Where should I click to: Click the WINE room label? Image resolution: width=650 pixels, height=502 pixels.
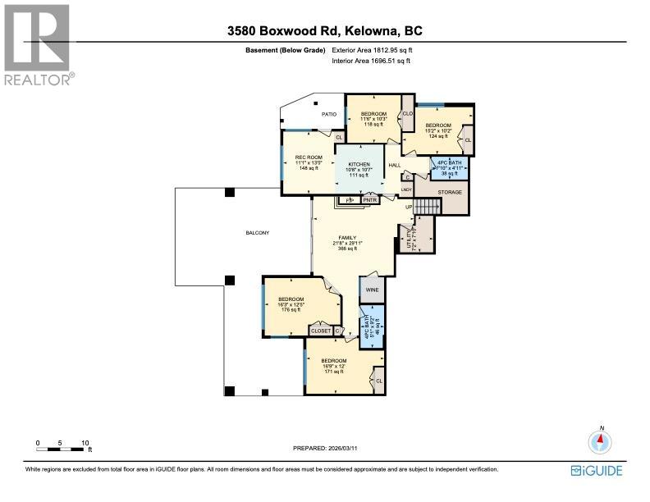(x=371, y=290)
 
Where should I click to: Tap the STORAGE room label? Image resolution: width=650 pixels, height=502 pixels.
(x=449, y=192)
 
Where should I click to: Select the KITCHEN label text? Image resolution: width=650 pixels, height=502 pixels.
(x=359, y=164)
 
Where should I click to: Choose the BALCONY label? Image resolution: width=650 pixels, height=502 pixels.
(x=257, y=233)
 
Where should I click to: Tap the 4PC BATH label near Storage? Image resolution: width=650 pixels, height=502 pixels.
(x=449, y=163)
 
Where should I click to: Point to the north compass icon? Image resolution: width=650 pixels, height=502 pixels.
(x=602, y=442)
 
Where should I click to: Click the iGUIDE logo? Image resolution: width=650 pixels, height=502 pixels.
(x=597, y=470)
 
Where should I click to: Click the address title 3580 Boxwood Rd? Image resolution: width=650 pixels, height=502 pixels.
(x=324, y=32)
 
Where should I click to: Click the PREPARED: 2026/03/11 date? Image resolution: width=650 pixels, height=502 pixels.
(x=325, y=448)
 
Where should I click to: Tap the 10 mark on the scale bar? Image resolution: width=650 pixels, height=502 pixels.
(x=85, y=443)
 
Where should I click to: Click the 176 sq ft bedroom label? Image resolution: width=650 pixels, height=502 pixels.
(x=291, y=304)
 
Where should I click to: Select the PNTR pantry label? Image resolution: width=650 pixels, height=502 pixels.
(x=369, y=199)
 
